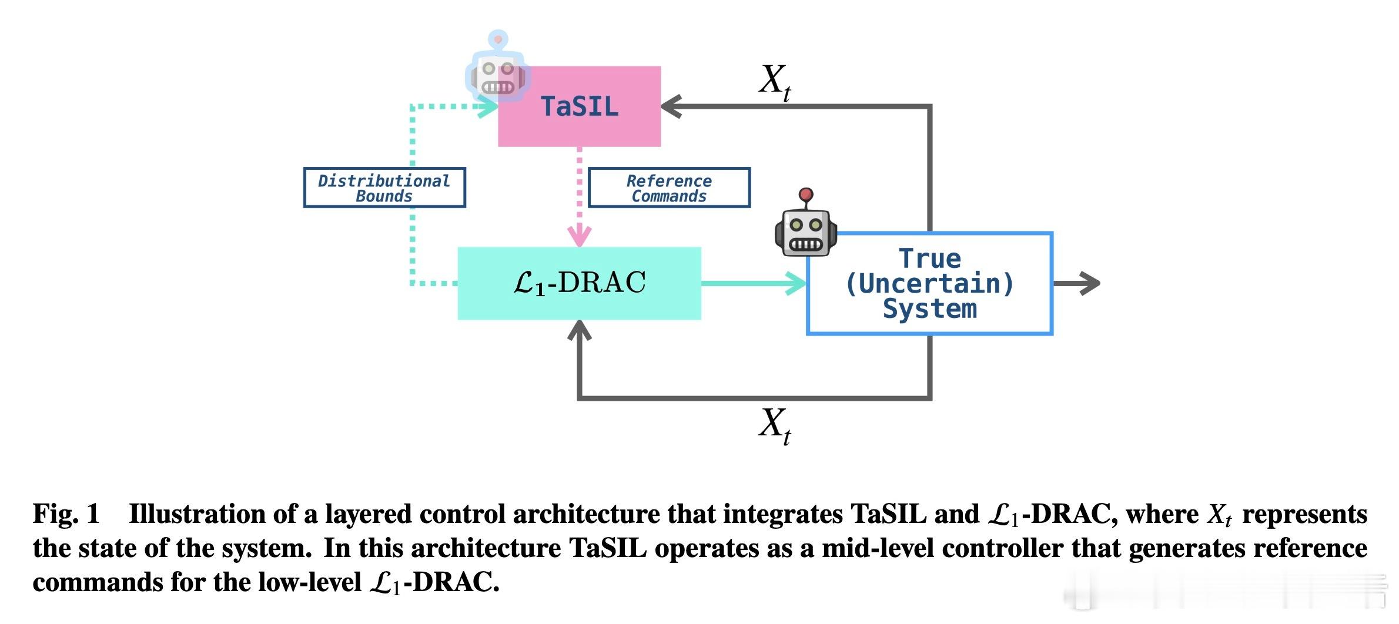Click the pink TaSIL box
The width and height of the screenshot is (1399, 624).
579,106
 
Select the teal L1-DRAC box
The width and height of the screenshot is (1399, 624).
579,283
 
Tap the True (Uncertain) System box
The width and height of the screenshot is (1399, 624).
929,284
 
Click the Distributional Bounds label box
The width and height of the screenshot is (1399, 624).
384,188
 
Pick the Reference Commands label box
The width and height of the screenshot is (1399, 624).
669,188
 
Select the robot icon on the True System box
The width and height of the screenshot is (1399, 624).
805,229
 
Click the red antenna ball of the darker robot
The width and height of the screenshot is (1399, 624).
806,194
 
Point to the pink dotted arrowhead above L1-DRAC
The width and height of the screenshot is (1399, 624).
580,236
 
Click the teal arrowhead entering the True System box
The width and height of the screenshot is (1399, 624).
797,283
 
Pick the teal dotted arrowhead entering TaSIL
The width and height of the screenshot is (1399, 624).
488,107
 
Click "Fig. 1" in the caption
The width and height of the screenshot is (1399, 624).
66,514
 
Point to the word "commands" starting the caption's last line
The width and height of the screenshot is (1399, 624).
98,582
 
